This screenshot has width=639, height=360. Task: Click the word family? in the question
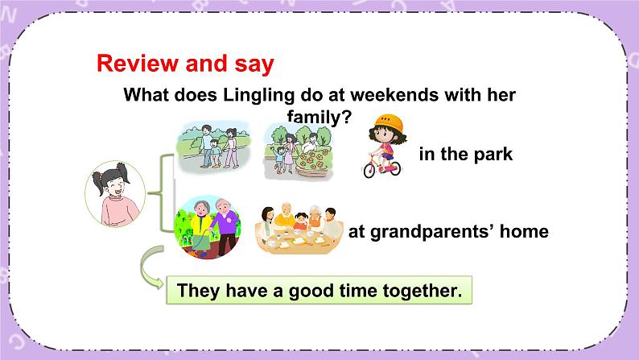[x=319, y=117]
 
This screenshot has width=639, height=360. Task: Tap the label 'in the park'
[x=465, y=155]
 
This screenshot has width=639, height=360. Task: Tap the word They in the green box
[x=198, y=291]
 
